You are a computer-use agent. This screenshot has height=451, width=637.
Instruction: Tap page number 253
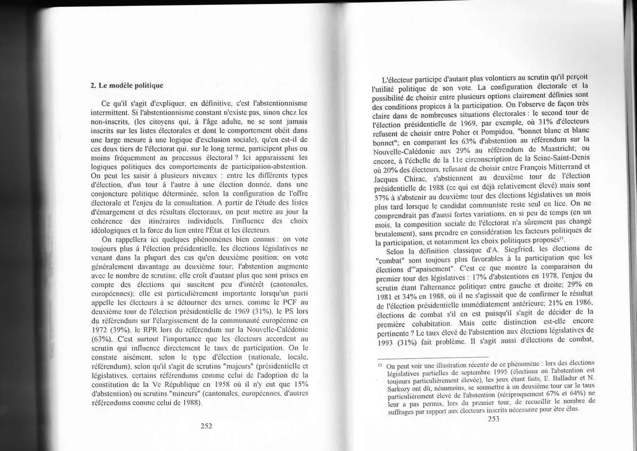point(494,419)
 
